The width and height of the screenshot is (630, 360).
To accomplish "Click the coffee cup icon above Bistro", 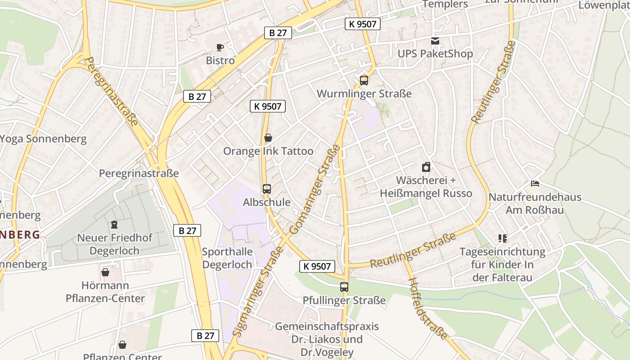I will pos(220,47).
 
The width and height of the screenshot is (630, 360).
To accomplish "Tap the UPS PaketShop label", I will pos(435,54).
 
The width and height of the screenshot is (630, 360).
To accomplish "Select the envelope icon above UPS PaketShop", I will pos(435,41).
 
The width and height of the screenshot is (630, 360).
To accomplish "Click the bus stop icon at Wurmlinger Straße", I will pos(364,81).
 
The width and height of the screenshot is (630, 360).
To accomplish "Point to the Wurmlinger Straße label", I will pos(364,94).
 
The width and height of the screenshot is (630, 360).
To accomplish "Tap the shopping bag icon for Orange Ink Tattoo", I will pos(268,138).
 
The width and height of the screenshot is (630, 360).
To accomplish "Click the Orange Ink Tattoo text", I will pos(268,151).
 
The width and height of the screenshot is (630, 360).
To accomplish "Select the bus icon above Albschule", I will pos(267,189).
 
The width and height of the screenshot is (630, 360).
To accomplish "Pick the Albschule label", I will pos(267,202).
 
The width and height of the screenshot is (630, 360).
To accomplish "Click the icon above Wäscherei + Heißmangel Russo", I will pos(426,167).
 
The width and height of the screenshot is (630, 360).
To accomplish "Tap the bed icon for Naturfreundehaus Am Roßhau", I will pos(535,184).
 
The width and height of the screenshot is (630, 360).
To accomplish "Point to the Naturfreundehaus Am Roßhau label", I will pos(535,203).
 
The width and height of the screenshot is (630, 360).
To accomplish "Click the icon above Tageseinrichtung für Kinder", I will pos(502,238).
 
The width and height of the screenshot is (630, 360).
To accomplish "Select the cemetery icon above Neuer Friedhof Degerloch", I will pos(114,224).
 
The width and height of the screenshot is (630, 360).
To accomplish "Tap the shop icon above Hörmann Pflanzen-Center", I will pos(105,272).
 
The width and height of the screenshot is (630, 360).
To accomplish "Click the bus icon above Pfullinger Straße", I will pos(344,287).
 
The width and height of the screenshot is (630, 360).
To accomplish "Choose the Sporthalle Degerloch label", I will pos(227,258).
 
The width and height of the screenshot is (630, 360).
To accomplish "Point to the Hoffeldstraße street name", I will pos(428,308).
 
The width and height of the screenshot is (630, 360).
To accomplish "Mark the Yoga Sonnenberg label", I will pos(43,138).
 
